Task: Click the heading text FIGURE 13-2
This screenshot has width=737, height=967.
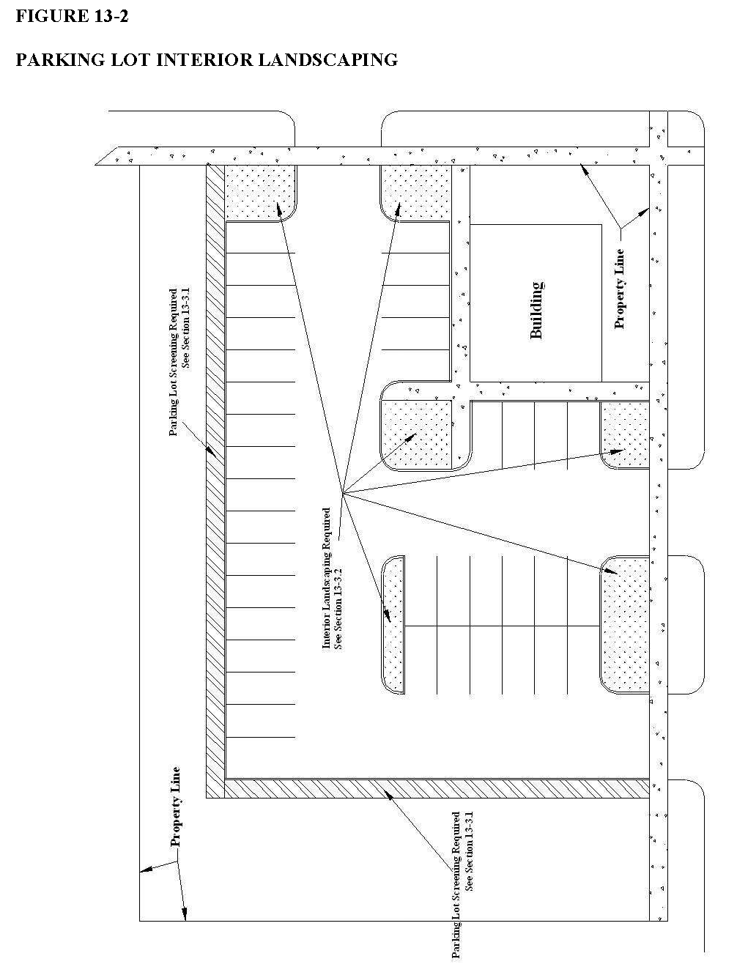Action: (x=72, y=16)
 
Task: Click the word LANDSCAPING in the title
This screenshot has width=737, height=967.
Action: (x=327, y=59)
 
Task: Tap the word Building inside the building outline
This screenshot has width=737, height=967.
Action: (x=536, y=310)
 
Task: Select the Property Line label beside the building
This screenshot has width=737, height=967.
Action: (x=619, y=289)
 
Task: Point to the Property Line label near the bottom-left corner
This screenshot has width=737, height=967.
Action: (x=175, y=807)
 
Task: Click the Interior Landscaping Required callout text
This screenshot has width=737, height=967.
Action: (x=332, y=579)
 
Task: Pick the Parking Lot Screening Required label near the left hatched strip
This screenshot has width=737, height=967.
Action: (x=179, y=362)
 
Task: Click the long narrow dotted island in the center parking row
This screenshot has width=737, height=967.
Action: (x=393, y=625)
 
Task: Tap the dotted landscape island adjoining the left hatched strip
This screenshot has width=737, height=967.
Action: (x=260, y=193)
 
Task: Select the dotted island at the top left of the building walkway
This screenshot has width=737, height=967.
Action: (x=416, y=193)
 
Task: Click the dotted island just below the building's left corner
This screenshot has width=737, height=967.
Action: (x=417, y=435)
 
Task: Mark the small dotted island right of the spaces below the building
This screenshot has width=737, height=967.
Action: (x=625, y=434)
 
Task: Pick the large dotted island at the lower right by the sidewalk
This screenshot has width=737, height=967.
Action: (x=625, y=624)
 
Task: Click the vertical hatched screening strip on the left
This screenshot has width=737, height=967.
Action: (x=216, y=481)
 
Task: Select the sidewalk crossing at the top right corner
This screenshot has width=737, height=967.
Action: (x=659, y=156)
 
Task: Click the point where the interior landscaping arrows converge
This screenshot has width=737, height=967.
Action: (x=342, y=492)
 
